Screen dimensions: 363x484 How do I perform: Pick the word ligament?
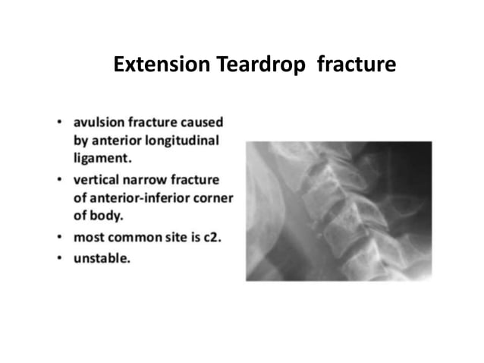[x=102, y=159]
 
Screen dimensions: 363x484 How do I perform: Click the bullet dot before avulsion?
[x=59, y=122]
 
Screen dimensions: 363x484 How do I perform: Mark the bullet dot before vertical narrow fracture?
[x=59, y=181]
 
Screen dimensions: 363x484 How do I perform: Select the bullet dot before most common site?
[x=59, y=238]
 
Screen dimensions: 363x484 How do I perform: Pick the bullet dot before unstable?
[x=59, y=259]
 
